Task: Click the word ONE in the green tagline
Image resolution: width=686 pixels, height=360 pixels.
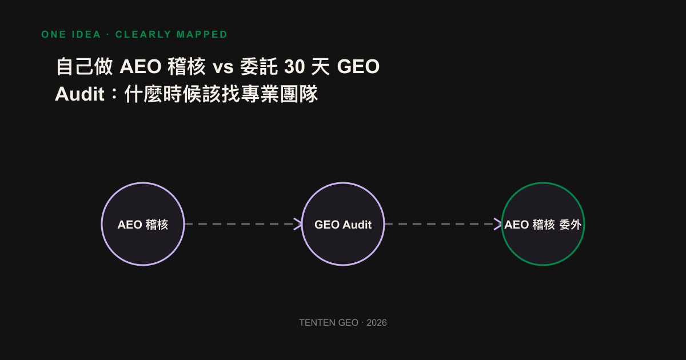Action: (54, 34)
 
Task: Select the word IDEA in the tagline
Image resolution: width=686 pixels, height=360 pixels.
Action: (86, 34)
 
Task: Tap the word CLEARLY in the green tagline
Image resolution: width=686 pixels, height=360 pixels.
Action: (143, 34)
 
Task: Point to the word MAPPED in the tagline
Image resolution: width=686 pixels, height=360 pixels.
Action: (202, 34)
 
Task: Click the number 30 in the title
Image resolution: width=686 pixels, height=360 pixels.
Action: (294, 66)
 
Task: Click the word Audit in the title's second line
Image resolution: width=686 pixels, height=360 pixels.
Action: (79, 94)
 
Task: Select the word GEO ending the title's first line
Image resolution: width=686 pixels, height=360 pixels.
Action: (358, 66)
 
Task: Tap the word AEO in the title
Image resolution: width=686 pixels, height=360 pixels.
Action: (140, 66)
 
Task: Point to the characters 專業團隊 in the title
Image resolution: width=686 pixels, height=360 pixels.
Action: (280, 94)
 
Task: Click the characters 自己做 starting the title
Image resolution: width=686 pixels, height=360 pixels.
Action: (85, 66)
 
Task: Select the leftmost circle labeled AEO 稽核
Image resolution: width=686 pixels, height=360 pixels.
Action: (143, 224)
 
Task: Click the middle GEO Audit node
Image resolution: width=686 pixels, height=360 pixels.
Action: (343, 224)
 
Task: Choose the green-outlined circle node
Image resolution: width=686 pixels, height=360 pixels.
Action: (543, 224)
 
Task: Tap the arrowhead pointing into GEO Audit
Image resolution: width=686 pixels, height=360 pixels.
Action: (298, 224)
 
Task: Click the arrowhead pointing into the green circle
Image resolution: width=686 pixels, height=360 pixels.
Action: (498, 224)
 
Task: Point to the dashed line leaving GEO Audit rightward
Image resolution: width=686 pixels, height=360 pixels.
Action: (443, 224)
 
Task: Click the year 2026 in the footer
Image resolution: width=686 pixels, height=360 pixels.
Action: (377, 323)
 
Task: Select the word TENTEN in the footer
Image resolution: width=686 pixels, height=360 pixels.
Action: (318, 323)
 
